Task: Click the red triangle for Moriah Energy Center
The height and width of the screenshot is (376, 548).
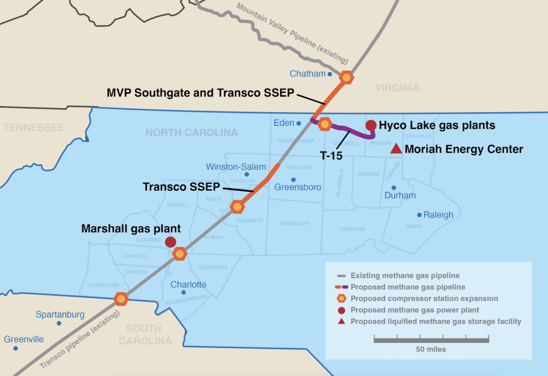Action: (x=396, y=149)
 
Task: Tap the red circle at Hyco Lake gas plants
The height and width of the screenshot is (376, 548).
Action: (x=371, y=125)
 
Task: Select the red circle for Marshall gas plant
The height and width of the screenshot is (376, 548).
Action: (x=171, y=242)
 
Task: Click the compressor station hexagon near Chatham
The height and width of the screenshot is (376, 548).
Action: (x=347, y=77)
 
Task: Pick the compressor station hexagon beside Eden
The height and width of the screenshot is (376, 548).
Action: (x=325, y=125)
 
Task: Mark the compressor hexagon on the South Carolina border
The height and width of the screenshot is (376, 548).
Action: (x=121, y=299)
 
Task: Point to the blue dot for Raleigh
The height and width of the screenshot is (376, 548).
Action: (x=419, y=215)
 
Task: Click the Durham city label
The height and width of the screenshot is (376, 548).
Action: (x=400, y=195)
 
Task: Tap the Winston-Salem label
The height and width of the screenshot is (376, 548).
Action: (x=236, y=167)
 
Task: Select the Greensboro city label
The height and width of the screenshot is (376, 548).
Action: (x=298, y=187)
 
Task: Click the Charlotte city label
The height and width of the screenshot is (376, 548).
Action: (x=188, y=284)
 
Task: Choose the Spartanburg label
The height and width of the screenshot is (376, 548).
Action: (x=60, y=314)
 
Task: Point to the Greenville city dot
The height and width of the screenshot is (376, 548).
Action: (x=16, y=348)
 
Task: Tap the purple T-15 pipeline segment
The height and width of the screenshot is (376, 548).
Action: (x=351, y=131)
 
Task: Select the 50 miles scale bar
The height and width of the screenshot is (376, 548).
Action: (x=431, y=340)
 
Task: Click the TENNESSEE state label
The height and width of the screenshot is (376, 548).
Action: (x=33, y=127)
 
